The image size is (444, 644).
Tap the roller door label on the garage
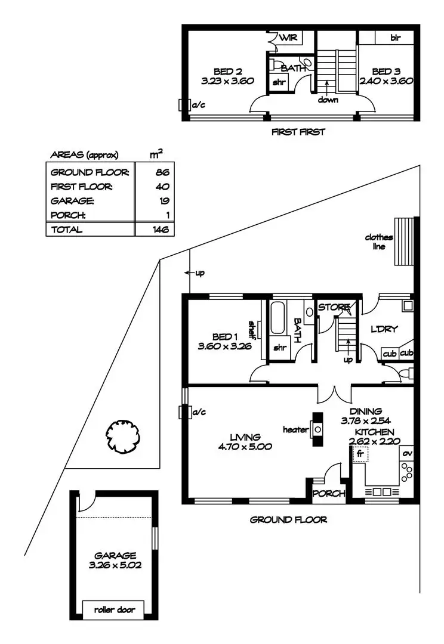tap(114, 610)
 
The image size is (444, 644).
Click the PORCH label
tap(329, 493)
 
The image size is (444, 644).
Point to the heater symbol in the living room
tap(317, 429)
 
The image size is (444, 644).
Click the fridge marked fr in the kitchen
tap(360, 454)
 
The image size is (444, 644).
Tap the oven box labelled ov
tap(408, 453)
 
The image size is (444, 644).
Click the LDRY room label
tap(384, 329)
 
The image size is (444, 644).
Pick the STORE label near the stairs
tap(333, 307)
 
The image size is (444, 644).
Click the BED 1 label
tap(226, 337)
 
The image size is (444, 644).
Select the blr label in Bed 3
tap(394, 37)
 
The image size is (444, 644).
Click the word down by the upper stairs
tap(328, 100)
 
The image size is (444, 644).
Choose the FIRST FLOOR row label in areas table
tap(81, 187)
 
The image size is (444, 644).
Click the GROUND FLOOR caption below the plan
tap(288, 520)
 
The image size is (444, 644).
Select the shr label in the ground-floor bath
tap(279, 348)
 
